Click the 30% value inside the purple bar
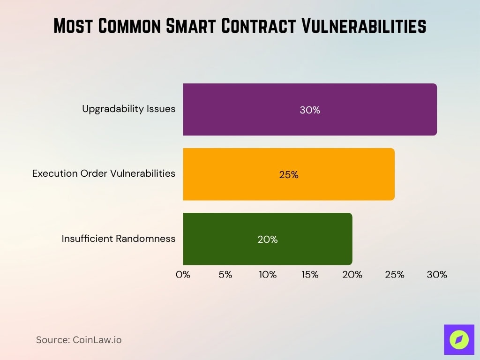pos(310,110)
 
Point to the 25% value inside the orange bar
pos(289,175)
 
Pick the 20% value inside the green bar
pos(268,240)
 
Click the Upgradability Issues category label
pos(128,109)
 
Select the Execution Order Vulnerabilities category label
pos(104,173)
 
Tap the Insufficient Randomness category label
pos(119,239)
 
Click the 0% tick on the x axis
pos(183,275)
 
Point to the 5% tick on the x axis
pos(225,275)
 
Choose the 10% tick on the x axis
pos(268,275)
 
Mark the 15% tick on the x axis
pos(310,275)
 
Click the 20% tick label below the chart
pos(352,275)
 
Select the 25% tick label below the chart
pos(395,275)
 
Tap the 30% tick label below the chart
pos(437,275)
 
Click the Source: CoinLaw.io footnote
pos(79,340)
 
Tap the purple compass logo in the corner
pos(459,339)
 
